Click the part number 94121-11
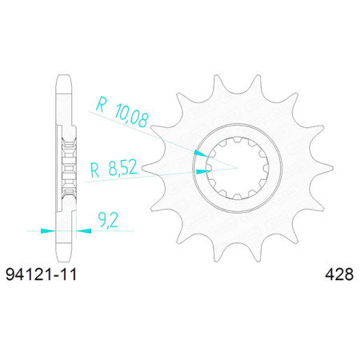pyautogui.click(x=42, y=274)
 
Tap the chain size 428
pyautogui.click(x=339, y=274)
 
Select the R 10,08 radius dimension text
pyautogui.click(x=122, y=112)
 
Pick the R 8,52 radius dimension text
pyautogui.click(x=114, y=169)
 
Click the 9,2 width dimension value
pyautogui.click(x=108, y=220)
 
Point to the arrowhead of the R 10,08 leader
pyautogui.click(x=201, y=154)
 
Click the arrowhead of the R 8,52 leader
pyautogui.click(x=202, y=171)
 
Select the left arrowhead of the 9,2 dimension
pyautogui.click(x=48, y=230)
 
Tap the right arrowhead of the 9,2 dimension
pyautogui.click(x=84, y=230)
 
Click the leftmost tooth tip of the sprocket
pyautogui.click(x=142, y=168)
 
